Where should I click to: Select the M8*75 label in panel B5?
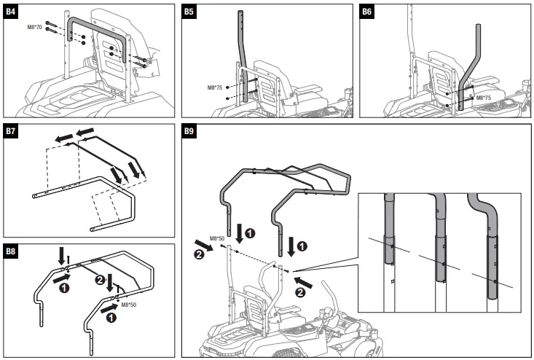point(216,87)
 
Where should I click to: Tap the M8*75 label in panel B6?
point(484,96)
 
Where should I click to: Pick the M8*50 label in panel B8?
point(130,305)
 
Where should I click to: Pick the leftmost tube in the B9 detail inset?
point(389,240)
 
